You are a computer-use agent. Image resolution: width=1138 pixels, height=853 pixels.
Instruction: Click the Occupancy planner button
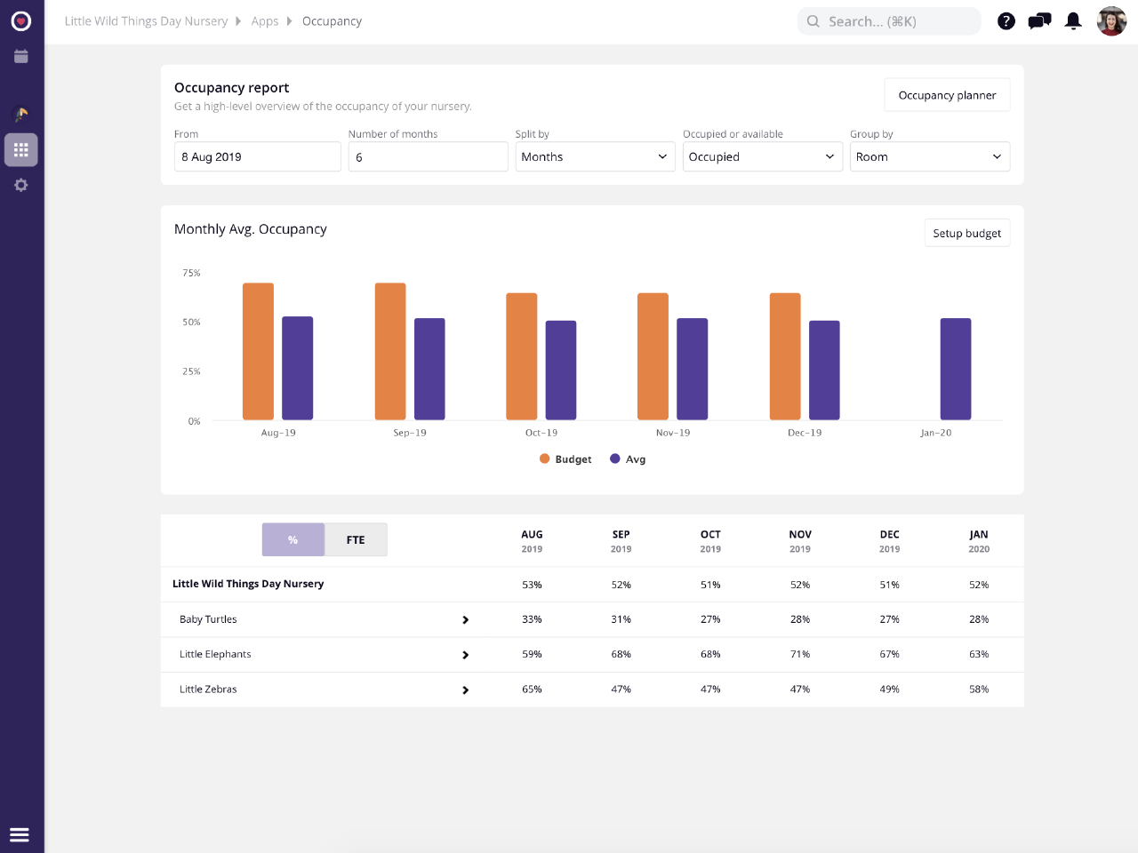[x=947, y=95]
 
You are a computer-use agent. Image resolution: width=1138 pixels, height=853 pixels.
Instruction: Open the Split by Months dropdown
[x=595, y=156]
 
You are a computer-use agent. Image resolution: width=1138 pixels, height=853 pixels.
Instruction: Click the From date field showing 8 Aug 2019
[x=257, y=156]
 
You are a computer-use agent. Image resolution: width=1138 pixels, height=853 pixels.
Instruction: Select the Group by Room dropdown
[x=929, y=156]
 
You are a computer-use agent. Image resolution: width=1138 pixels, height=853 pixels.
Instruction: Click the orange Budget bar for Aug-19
[x=258, y=351]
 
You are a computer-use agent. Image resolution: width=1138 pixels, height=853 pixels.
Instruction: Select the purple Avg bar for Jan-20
[x=956, y=369]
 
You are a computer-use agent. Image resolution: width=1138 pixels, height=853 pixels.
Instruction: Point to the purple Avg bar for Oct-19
[x=561, y=370]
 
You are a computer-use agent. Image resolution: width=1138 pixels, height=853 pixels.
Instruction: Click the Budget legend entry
[x=565, y=459]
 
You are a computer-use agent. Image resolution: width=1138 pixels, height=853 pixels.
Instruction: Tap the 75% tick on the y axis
[x=191, y=273]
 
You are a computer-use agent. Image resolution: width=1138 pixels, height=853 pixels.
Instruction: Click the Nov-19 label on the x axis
[x=673, y=433]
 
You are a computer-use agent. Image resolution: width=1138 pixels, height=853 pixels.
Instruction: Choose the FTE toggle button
[x=356, y=539]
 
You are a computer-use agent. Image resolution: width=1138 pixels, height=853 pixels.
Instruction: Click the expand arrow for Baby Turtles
[x=465, y=620]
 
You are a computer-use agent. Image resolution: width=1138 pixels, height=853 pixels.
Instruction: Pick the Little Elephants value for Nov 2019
[x=800, y=654]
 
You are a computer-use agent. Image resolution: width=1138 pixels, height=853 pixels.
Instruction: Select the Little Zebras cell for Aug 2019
[x=532, y=690]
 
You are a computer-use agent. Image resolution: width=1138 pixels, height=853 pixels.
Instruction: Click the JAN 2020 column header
[x=979, y=540]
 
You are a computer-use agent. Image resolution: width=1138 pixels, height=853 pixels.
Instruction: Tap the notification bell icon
[x=1073, y=21]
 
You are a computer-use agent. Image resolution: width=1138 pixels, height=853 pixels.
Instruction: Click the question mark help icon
[x=1006, y=21]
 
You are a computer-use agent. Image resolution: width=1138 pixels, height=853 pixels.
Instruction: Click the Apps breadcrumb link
[x=265, y=21]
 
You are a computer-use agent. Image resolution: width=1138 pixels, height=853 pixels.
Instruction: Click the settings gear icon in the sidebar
[x=21, y=185]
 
